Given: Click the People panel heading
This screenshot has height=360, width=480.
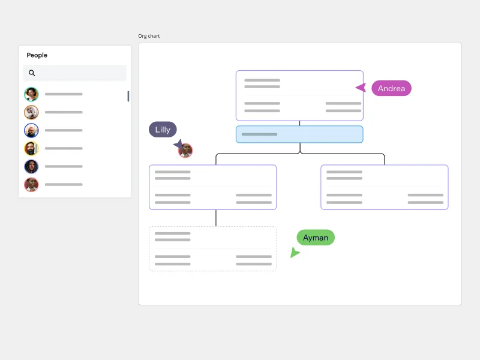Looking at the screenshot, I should click(37, 55).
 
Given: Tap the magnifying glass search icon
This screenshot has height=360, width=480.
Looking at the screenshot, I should click(32, 73).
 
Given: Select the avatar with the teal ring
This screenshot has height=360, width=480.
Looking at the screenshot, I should click(31, 94).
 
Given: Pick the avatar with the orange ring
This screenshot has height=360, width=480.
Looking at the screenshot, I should click(31, 112).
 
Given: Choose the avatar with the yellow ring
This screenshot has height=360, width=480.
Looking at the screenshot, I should click(31, 148).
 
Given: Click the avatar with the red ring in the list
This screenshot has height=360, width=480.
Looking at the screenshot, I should click(31, 184).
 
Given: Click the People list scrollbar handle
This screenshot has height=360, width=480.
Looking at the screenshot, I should click(128, 96).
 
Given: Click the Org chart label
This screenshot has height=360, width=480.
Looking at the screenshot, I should click(149, 36).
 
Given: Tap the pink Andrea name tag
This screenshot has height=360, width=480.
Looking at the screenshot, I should click(391, 88).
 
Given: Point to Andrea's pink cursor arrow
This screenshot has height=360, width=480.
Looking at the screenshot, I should click(361, 88).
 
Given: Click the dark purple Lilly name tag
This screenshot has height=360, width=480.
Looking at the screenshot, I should click(163, 130).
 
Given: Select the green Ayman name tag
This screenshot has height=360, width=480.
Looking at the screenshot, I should click(316, 238).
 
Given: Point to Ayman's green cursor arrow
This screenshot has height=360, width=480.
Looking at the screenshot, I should click(294, 253).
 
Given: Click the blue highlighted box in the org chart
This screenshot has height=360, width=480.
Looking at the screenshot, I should click(299, 134).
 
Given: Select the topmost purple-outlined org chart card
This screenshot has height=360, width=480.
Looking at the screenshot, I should click(299, 95).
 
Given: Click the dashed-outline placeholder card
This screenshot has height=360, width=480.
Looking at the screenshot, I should click(212, 248).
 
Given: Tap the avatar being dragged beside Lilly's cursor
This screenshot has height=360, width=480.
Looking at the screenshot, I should click(186, 151).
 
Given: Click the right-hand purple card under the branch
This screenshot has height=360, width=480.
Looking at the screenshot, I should click(385, 187).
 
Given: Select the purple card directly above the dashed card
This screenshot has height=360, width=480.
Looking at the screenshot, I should click(212, 187).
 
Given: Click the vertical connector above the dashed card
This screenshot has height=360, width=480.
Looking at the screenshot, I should click(216, 218).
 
